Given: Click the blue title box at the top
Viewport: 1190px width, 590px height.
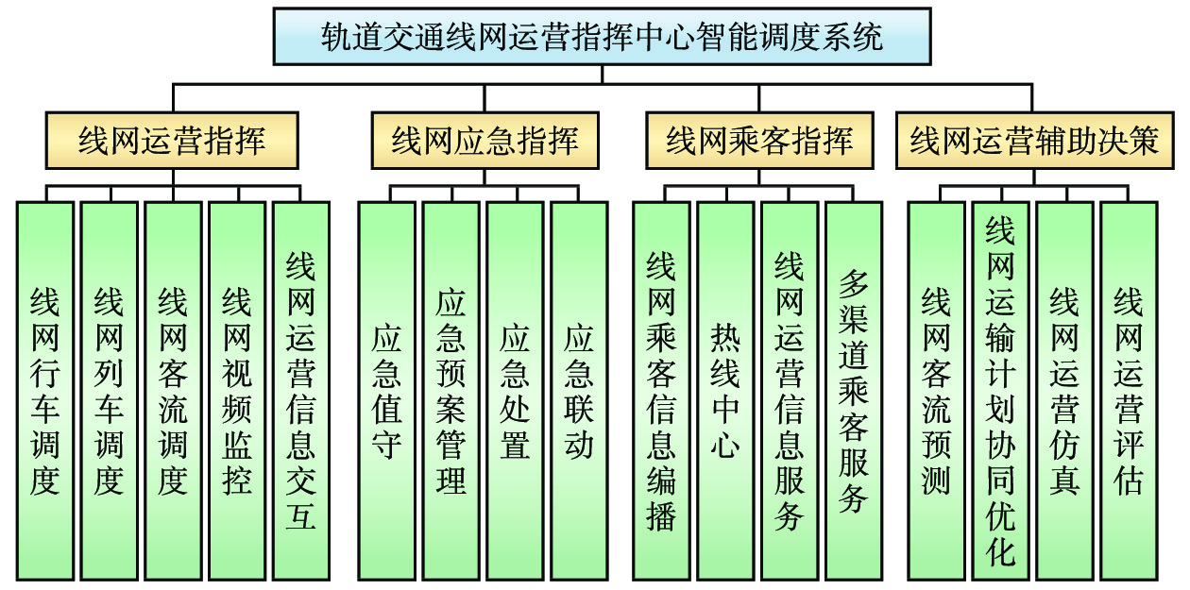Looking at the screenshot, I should point(602,37).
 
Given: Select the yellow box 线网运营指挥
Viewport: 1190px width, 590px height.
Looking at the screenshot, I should point(172,141).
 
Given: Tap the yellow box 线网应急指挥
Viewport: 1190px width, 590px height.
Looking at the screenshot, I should point(484,141).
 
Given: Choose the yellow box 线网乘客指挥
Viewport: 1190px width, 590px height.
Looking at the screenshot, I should point(759,141).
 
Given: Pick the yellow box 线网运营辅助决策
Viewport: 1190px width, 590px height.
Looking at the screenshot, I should point(1033,141).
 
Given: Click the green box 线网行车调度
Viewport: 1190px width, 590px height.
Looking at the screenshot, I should point(44,390).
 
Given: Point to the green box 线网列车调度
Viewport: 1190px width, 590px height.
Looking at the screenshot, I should point(109,390).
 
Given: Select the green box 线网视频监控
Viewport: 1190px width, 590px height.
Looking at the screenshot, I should point(237,390).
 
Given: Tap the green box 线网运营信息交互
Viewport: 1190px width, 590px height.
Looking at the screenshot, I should point(301,390).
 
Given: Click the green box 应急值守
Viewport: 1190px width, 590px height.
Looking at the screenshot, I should point(386,390).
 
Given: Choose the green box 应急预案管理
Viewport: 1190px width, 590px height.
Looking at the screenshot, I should point(450,390).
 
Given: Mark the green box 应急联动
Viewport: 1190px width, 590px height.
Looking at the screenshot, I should point(579,390).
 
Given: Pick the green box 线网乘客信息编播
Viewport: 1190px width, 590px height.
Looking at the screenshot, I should point(661,390).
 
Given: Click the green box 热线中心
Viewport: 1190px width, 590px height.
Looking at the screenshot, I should point(725,390).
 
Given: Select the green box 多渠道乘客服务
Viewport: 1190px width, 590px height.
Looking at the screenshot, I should point(854,390).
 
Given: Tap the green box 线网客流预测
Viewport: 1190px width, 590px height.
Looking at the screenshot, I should point(936,390).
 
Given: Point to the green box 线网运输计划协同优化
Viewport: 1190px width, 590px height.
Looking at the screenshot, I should point(1000,390).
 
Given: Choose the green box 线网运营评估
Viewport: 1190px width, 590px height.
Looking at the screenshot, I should point(1129,390).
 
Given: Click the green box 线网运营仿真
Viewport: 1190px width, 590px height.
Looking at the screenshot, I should point(1064,390).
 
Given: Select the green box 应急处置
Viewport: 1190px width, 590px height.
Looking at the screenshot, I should point(515,390).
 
